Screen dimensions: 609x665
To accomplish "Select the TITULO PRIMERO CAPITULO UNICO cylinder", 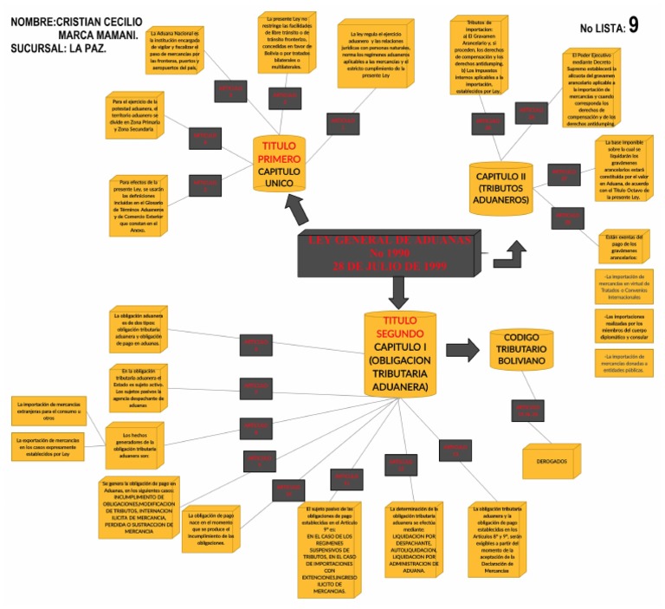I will (279, 165).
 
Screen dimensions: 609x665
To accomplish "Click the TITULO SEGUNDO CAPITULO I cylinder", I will (400, 353).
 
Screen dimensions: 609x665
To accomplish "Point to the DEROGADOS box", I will (551, 461).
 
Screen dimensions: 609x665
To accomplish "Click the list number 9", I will (633, 25).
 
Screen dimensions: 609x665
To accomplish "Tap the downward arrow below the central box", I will (399, 291).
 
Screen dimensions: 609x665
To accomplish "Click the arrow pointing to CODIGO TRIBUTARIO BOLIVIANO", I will (462, 350).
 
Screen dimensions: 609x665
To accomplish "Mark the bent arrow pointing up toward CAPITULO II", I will (510, 254).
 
